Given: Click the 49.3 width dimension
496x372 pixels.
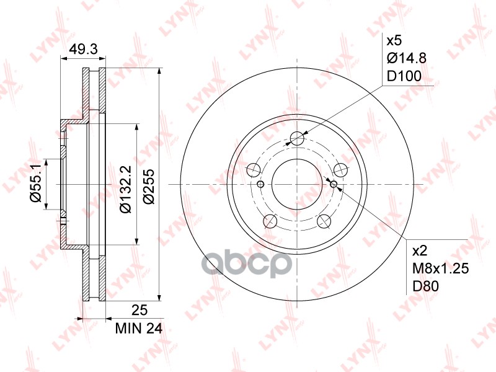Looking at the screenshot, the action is pos(84,49).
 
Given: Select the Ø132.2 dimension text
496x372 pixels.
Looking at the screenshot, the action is pos(125,188).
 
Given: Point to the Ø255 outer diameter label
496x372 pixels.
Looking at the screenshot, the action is pos(149,187).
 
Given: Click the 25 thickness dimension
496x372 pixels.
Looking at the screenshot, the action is pos(139,310).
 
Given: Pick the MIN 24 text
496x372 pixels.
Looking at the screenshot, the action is pos(138,329).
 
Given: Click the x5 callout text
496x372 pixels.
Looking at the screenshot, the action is pos(394,40).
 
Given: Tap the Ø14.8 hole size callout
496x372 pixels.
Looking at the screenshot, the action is pos(407,58).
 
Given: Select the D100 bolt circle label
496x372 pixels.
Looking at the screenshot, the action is pos(404,76).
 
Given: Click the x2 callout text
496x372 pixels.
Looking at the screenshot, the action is pos(420,251).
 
